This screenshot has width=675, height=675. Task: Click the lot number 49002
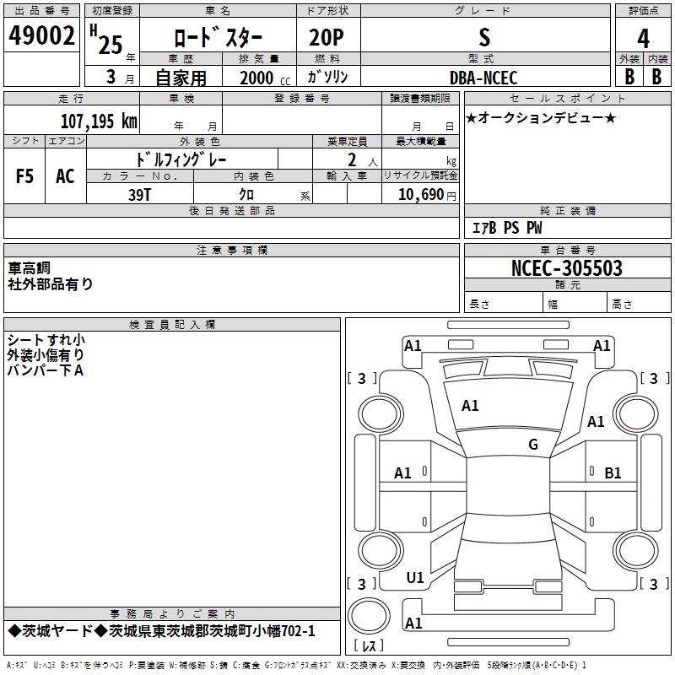click(41, 35)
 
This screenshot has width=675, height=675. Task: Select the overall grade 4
click(643, 38)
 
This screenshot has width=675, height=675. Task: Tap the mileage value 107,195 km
click(99, 121)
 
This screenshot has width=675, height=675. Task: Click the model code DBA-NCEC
click(483, 78)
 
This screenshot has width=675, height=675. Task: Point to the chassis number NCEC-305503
click(566, 268)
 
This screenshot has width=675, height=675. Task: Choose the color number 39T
click(139, 195)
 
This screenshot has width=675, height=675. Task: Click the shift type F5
click(24, 176)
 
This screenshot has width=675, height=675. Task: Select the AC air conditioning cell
click(65, 176)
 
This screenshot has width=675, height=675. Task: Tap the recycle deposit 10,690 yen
click(427, 195)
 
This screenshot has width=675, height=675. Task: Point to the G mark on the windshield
click(533, 444)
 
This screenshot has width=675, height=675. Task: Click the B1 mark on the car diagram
click(613, 473)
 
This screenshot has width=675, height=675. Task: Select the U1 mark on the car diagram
click(415, 578)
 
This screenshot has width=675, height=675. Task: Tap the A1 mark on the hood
click(470, 406)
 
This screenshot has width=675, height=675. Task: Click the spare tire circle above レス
click(369, 616)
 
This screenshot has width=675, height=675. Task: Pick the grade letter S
click(484, 37)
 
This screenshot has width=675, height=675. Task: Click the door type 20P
click(327, 37)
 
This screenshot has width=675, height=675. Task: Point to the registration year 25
click(111, 45)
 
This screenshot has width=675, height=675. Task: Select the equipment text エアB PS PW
click(507, 227)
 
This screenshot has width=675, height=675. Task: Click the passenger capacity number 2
click(352, 159)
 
